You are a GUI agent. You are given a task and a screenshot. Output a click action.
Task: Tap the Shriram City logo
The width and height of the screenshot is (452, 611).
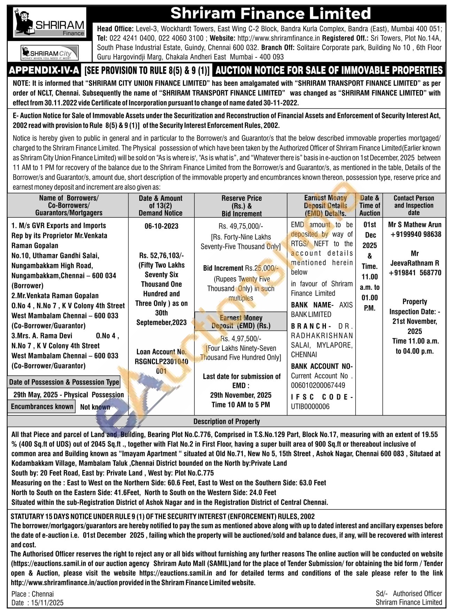click(49, 53)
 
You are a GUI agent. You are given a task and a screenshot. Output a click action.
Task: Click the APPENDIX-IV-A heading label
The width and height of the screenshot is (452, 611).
click(44, 70)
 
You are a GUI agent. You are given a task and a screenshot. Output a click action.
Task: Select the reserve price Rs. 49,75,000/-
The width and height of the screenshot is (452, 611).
click(241, 226)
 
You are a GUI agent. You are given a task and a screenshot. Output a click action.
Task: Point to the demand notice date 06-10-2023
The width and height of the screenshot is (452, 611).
click(161, 226)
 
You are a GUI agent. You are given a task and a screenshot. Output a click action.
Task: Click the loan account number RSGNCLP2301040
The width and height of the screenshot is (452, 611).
click(161, 362)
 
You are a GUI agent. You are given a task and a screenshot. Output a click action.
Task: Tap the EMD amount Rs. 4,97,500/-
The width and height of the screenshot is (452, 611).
click(241, 339)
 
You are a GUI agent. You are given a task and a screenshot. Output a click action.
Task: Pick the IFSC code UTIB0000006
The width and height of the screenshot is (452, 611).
click(310, 406)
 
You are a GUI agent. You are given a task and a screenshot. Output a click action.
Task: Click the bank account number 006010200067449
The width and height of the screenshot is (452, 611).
click(318, 385)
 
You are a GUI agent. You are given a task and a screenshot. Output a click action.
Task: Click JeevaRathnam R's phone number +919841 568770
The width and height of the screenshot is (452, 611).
click(415, 273)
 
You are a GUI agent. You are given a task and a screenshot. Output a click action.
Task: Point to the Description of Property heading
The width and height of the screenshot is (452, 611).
click(226, 421)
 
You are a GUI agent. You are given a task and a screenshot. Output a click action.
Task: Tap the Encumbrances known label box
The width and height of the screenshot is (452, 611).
click(42, 406)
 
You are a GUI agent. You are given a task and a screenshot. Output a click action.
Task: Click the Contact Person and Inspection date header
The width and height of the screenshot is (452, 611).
click(414, 205)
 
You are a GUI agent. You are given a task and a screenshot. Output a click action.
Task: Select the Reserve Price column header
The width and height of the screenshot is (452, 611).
click(241, 206)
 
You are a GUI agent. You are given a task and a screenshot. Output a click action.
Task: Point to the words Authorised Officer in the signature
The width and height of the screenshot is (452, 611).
click(417, 594)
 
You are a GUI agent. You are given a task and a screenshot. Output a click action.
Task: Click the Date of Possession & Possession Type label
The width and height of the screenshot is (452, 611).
click(64, 382)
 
